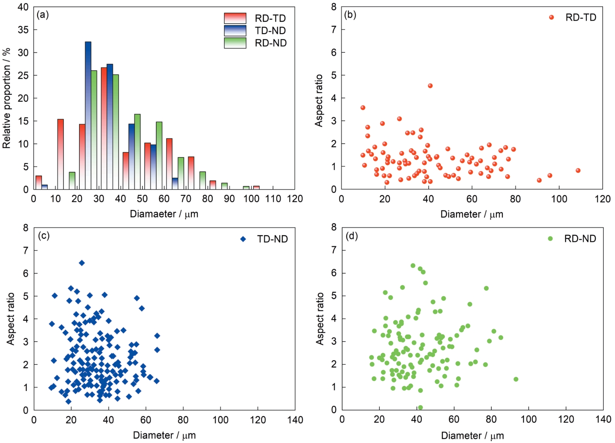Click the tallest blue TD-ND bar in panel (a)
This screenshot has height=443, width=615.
88,116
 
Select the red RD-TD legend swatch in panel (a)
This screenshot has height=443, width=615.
235,18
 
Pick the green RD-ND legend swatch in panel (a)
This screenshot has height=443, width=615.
235,43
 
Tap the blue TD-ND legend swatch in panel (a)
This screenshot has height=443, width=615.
235,30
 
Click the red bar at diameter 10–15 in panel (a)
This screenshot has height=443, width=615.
61,154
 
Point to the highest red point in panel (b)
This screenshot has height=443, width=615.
430,86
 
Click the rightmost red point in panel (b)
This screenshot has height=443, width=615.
578,170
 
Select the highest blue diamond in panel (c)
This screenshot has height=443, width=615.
82,263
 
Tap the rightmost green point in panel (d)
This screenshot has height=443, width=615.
516,379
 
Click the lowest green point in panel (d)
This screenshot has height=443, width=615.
420,407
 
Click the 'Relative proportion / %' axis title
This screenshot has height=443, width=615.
7,98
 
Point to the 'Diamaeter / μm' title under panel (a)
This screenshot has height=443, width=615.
164,214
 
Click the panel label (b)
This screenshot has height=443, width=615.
350,15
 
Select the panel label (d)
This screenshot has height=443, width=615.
351,236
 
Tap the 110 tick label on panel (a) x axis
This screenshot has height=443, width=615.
273,199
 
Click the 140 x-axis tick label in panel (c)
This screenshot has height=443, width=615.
295,420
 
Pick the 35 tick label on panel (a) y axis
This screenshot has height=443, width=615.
23,30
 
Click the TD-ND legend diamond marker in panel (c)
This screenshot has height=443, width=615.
243,239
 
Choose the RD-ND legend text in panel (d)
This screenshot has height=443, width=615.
580,239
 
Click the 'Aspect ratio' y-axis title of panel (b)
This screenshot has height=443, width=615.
318,101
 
